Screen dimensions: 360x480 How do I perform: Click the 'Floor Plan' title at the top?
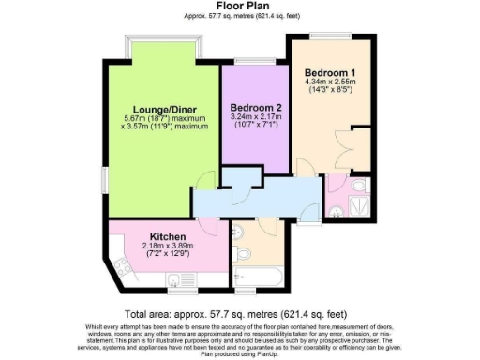pos(239,6)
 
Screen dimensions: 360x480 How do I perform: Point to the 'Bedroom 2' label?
pos(256,107)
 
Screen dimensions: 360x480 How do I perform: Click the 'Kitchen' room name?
pos(170,236)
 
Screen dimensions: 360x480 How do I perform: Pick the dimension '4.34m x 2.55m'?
pos(329,82)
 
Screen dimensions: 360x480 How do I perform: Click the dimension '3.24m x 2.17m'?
pos(257,117)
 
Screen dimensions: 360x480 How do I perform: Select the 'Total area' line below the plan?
pos(239,314)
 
